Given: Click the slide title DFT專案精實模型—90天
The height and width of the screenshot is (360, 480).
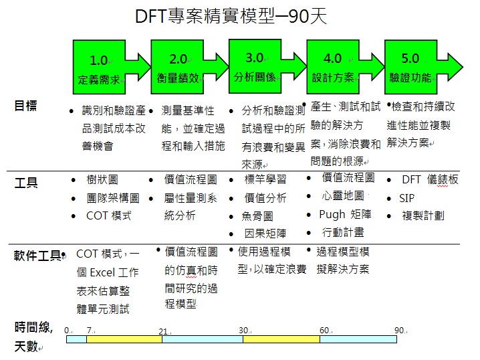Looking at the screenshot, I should click(231, 17).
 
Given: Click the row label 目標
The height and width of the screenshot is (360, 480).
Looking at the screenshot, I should click(25, 105).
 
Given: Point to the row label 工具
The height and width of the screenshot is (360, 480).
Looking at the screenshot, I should click(25, 182).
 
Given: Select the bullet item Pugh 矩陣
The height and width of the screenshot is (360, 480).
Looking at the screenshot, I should click(345, 214).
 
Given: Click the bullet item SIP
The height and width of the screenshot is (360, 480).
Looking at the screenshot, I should click(407, 198).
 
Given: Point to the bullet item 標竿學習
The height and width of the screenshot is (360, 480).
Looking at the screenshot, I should click(265, 180).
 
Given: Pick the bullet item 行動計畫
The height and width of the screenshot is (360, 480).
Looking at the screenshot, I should click(344, 232).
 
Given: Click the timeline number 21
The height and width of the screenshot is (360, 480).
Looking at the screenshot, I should click(163, 331).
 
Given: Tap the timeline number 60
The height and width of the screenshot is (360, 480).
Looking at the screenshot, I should click(324, 331).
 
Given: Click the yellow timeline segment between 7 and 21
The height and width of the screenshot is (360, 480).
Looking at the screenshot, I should click(124, 339).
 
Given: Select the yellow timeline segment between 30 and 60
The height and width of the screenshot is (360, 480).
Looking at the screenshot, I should click(281, 339).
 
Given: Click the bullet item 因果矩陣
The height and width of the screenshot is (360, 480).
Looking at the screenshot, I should click(265, 234).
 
